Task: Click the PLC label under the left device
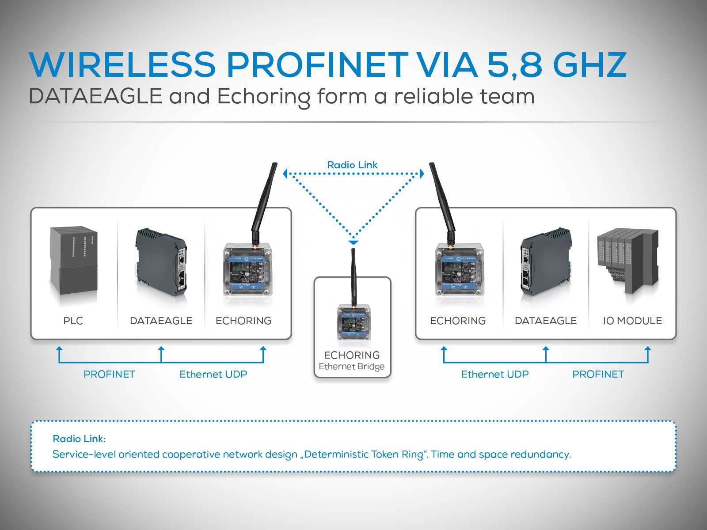73,321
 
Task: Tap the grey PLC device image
73,265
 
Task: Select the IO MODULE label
632,321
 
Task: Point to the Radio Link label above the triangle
352,165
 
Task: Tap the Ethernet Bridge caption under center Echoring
352,367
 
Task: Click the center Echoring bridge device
354,320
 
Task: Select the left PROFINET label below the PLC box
109,375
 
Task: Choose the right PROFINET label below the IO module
598,375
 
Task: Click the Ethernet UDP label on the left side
213,375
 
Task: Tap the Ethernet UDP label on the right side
495,375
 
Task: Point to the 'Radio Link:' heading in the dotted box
79,439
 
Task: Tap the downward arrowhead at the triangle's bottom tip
353,242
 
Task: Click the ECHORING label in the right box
458,321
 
